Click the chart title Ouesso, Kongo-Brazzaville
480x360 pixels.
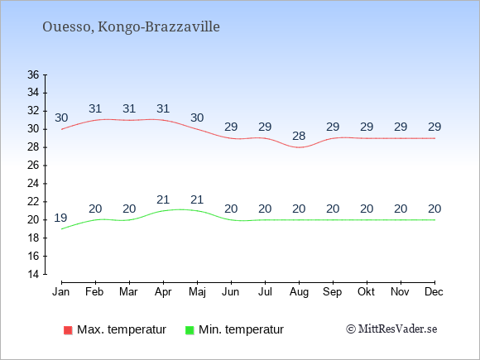pyautogui.click(x=131, y=27)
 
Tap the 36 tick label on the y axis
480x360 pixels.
pyautogui.click(x=33, y=74)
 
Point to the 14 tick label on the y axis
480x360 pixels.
pyautogui.click(x=33, y=274)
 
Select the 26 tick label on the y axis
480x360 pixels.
pyautogui.click(x=33, y=166)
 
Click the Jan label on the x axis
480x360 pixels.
pyautogui.click(x=61, y=292)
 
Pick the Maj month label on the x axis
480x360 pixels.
pyautogui.click(x=197, y=292)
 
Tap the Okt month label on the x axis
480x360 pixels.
pyautogui.click(x=366, y=292)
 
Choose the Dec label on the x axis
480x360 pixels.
pyautogui.click(x=434, y=292)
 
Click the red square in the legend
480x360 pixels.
pyautogui.click(x=68, y=330)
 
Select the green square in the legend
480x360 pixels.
pyautogui.click(x=190, y=330)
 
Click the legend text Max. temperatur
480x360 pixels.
pyautogui.click(x=122, y=329)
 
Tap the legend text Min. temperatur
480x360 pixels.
pyautogui.click(x=241, y=329)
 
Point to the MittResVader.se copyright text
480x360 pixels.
pyautogui.click(x=391, y=329)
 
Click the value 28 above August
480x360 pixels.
pyautogui.click(x=299, y=136)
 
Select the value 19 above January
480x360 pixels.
pyautogui.click(x=60, y=218)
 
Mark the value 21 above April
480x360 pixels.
pyautogui.click(x=163, y=200)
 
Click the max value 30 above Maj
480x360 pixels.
pyautogui.click(x=197, y=118)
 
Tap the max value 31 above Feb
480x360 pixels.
pyautogui.click(x=95, y=108)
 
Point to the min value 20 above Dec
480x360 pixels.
pyautogui.click(x=434, y=209)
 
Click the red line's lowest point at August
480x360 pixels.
pyautogui.click(x=299, y=147)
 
